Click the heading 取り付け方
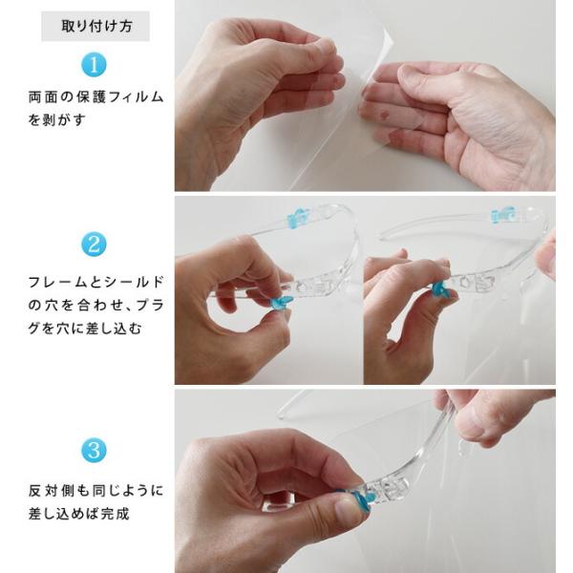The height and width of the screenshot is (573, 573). (x=96, y=27)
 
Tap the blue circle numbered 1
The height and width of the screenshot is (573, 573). (x=94, y=65)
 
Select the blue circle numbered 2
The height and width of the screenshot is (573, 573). (x=94, y=244)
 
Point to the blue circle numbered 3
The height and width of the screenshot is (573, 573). (x=94, y=450)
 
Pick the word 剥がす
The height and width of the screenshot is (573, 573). (x=64, y=120)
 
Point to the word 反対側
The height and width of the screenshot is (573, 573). (x=52, y=491)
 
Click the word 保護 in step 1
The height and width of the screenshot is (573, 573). (x=92, y=97)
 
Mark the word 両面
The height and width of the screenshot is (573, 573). (x=43, y=97)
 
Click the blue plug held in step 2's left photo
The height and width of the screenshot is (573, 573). (x=282, y=301)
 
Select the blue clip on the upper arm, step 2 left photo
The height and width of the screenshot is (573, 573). (x=299, y=218)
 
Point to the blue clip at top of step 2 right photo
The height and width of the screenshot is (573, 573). (x=503, y=215)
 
